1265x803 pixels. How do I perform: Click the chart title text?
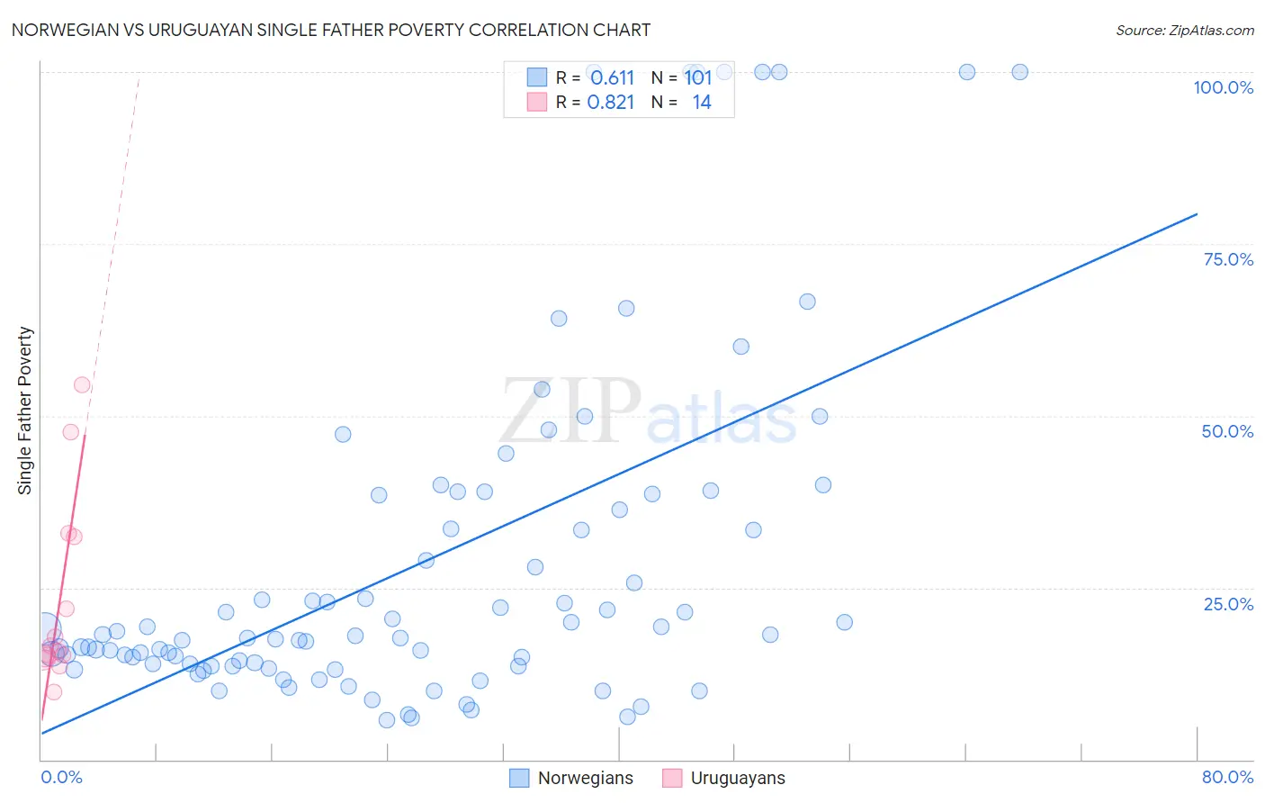coord(330,30)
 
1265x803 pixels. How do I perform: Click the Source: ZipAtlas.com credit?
coord(1184,30)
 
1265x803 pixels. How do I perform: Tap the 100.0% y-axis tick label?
coord(1223,87)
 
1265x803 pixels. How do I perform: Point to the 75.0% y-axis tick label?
coord(1228,259)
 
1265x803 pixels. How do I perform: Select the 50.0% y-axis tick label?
coord(1227,431)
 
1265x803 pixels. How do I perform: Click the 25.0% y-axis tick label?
coord(1228,603)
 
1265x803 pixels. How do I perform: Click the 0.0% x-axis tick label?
coord(61,777)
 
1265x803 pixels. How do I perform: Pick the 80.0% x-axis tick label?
coord(1227,777)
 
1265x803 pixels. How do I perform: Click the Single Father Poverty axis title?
coord(25,411)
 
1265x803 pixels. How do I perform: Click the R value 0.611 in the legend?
coord(613,77)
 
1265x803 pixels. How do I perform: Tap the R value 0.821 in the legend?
coord(611,103)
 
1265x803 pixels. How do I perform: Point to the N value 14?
coord(702,103)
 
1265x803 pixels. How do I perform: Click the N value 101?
coord(698,77)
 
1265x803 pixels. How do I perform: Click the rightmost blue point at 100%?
coord(1019,72)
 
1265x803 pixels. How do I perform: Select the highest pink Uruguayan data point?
coord(82,384)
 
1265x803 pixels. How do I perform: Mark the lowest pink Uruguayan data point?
coord(54,691)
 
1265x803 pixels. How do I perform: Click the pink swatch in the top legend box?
coord(537,102)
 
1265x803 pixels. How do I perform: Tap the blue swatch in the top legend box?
coord(537,77)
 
